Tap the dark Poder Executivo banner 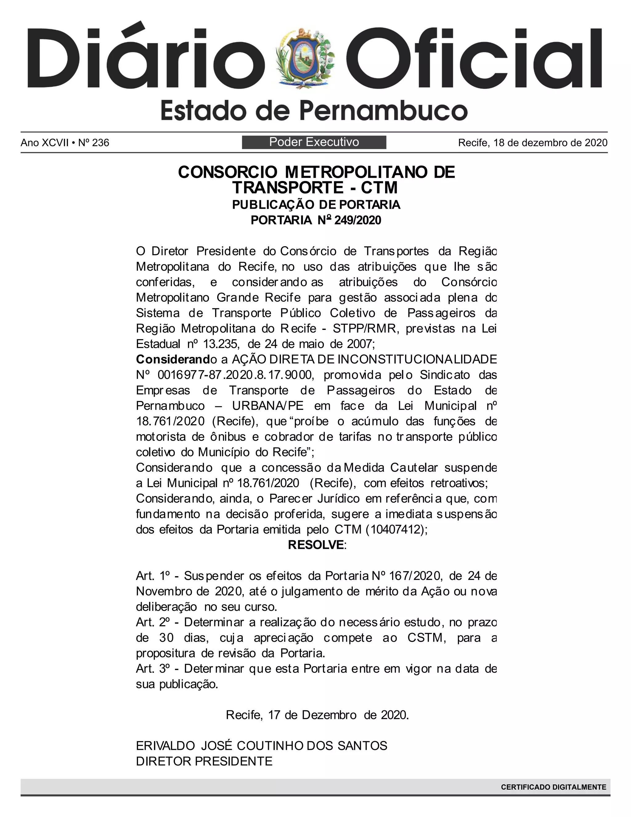click(314, 142)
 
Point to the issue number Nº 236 click(93, 143)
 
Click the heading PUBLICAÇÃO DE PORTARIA click(316, 205)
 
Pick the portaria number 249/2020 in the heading click(358, 220)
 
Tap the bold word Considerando click(173, 359)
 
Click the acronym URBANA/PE click(268, 406)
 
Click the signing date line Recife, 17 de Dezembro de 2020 click(317, 715)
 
